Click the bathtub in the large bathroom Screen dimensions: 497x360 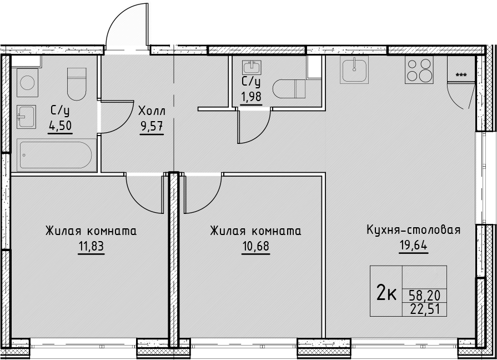[54, 155]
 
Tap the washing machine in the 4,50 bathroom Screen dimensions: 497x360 [28, 82]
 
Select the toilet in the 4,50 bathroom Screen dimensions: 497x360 [77, 84]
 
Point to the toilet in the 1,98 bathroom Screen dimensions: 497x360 [289, 89]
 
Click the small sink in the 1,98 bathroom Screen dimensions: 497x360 [252, 68]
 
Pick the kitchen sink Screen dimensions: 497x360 [354, 70]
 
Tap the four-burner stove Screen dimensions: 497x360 [419, 70]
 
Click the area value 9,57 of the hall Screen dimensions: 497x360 [152, 127]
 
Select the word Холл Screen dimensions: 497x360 [152, 111]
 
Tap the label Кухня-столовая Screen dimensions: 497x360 [413, 230]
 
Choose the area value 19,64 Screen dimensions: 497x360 [413, 245]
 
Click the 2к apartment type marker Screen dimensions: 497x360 [386, 292]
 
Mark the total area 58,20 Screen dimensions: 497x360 [424, 296]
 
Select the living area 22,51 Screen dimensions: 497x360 [425, 309]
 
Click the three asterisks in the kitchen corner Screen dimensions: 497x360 [461, 75]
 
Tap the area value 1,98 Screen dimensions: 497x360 [252, 97]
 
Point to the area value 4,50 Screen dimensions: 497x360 [60, 126]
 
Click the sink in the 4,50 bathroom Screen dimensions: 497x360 [26, 117]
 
